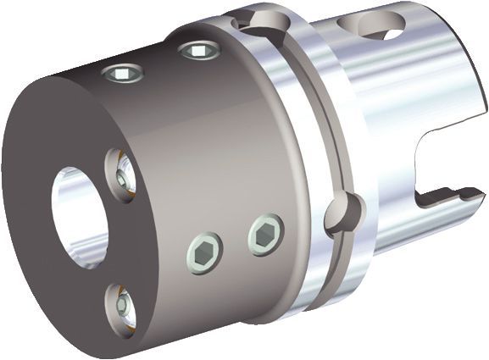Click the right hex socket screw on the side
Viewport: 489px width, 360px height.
(265, 235)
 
